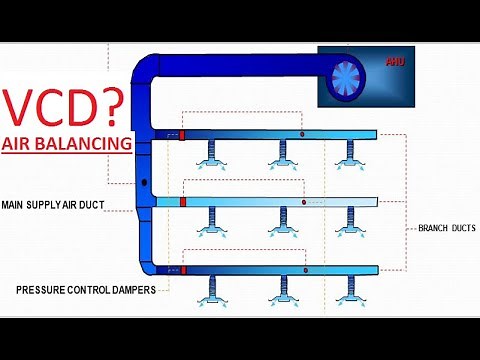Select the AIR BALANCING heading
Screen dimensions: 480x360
point(66,144)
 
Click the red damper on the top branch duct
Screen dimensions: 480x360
point(182,134)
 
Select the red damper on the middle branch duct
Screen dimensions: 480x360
point(183,202)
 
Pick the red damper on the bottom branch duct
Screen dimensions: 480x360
point(185,270)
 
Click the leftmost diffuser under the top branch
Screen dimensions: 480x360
point(212,157)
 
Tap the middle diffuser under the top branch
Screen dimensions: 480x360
point(283,157)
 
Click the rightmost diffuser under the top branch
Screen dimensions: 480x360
point(348,157)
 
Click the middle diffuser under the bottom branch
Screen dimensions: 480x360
point(283,293)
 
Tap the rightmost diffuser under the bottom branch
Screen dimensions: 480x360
point(348,293)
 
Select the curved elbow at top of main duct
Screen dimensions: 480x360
point(150,70)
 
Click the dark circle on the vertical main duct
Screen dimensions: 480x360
point(145,184)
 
